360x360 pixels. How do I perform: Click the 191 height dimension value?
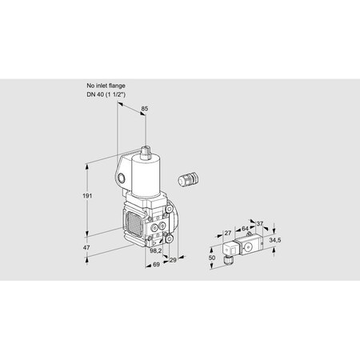(x=87, y=196)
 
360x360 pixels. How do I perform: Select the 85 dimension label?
(x=145, y=109)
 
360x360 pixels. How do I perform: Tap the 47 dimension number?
(x=86, y=247)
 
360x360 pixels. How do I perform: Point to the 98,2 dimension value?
(x=156, y=250)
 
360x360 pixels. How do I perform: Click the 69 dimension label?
(x=156, y=264)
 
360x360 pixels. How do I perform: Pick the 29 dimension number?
(x=173, y=260)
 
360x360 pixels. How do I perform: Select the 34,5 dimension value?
(x=275, y=240)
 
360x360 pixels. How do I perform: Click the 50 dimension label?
(x=212, y=258)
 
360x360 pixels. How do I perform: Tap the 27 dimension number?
(x=227, y=233)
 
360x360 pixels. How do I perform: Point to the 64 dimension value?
(x=245, y=229)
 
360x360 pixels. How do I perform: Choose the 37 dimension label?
(x=259, y=224)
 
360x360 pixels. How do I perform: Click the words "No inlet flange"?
(x=106, y=86)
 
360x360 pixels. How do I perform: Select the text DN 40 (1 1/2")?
(x=106, y=94)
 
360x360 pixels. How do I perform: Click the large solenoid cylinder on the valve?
(x=146, y=177)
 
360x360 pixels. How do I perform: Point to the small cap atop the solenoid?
(x=146, y=152)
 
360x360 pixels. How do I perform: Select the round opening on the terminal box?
(x=121, y=178)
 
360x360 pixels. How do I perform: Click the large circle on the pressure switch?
(x=247, y=248)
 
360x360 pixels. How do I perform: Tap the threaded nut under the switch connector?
(x=228, y=260)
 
